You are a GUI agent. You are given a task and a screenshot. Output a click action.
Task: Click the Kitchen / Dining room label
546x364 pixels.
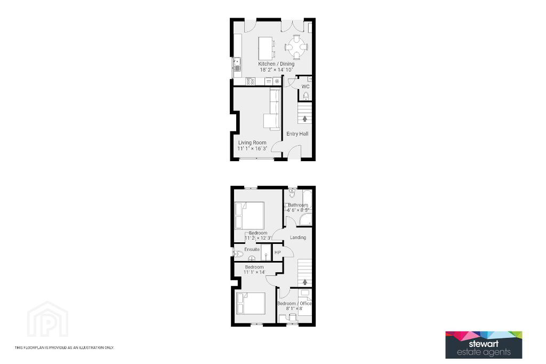(x=276, y=64)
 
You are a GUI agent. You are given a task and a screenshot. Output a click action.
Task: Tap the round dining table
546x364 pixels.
(x=296, y=47)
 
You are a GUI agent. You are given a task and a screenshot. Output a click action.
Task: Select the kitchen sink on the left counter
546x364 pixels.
(x=237, y=64)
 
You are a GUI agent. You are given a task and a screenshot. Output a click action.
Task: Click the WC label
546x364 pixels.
(x=306, y=86)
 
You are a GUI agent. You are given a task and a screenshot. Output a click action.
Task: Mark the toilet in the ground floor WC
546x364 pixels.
(x=306, y=96)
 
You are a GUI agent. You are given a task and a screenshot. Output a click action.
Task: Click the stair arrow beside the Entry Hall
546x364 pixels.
(x=304, y=118)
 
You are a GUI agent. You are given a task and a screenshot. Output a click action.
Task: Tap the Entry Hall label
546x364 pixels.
(x=297, y=133)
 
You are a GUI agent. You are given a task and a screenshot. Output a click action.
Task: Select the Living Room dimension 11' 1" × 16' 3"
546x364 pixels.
(x=252, y=148)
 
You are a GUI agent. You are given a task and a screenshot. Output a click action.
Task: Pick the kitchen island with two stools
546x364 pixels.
(x=267, y=49)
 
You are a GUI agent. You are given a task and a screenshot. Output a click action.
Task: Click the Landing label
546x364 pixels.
(x=298, y=238)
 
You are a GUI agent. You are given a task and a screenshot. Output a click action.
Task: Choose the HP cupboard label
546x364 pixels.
(x=277, y=252)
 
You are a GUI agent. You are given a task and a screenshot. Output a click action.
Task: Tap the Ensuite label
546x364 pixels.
(x=252, y=249)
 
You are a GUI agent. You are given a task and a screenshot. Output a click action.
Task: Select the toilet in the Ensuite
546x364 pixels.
(x=238, y=254)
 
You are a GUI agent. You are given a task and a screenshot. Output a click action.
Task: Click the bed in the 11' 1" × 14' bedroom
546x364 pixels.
(x=251, y=303)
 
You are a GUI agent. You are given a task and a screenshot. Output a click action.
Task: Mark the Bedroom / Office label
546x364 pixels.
(x=294, y=303)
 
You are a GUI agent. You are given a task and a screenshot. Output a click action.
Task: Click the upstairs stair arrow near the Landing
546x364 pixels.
(x=305, y=282)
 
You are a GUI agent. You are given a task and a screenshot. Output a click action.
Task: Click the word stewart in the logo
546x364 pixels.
(x=484, y=344)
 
